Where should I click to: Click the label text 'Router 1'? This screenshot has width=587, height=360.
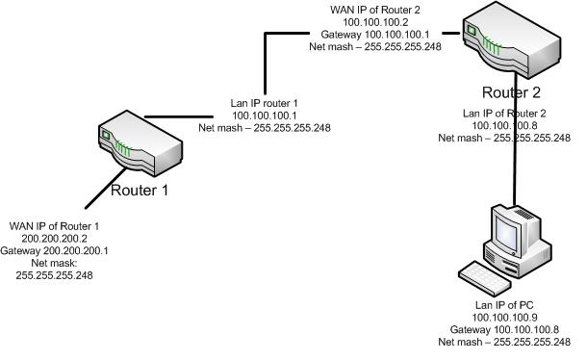[x=140, y=190]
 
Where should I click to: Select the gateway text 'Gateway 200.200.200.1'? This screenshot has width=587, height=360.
[x=55, y=249]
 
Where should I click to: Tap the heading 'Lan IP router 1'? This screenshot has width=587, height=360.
[x=265, y=102]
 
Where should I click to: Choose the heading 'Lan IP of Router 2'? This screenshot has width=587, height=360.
[x=504, y=114]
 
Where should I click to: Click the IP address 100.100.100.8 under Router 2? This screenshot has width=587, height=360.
[x=504, y=125]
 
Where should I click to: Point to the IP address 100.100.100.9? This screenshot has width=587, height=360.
[x=504, y=318]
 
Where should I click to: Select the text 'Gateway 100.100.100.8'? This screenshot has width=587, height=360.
[x=504, y=329]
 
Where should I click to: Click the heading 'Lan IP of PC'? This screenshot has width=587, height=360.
[x=504, y=305]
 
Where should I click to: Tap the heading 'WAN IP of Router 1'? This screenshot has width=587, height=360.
[x=55, y=225]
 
